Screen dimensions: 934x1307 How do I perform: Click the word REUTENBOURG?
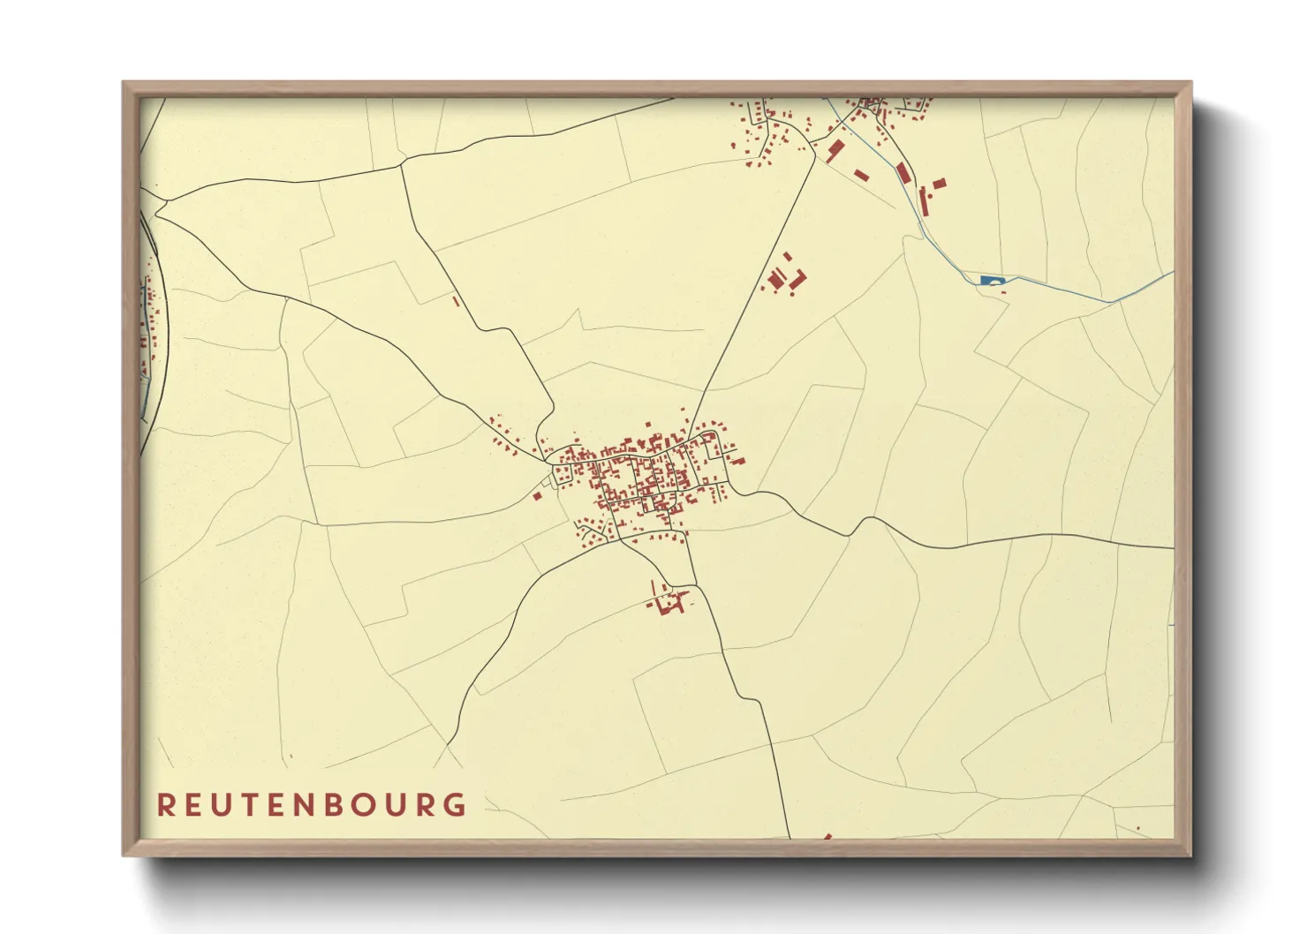tap(312, 804)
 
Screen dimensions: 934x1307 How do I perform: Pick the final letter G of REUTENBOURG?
tap(456, 804)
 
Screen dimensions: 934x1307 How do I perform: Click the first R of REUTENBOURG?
tap(165, 804)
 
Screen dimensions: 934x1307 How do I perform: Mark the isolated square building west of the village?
tap(536, 496)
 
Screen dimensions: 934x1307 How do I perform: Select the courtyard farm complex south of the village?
tap(669, 603)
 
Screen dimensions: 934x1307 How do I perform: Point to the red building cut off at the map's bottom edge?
tap(827, 836)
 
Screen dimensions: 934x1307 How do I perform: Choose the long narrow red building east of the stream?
tap(924, 202)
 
